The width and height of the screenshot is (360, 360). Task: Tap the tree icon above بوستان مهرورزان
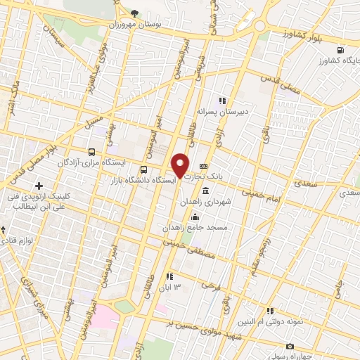point(136,12)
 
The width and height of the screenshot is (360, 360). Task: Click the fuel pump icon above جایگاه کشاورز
point(340,50)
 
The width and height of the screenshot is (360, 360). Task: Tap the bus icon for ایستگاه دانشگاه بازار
point(144,169)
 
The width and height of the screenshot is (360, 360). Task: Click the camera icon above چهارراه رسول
point(290,346)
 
